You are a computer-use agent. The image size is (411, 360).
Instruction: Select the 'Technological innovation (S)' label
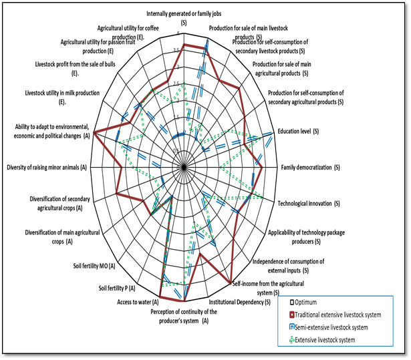tap(309, 203)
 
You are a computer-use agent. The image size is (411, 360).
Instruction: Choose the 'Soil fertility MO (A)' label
tap(94, 266)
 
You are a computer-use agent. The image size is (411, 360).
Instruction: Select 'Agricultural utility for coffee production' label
tap(131, 33)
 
